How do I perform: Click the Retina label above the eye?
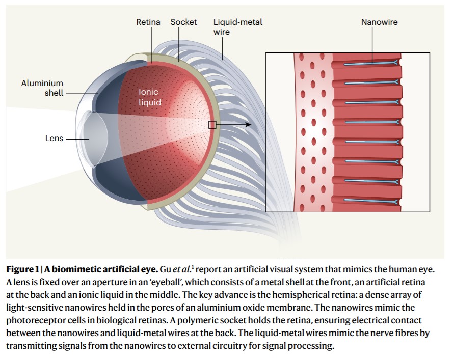pyautogui.click(x=148, y=22)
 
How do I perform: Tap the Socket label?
pyautogui.click(x=183, y=22)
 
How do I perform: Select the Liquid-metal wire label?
pyautogui.click(x=237, y=27)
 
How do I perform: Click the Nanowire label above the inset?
pyautogui.click(x=379, y=22)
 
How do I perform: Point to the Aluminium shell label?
pyautogui.click(x=42, y=88)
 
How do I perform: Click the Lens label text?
pyautogui.click(x=54, y=138)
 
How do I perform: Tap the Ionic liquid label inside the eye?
pyautogui.click(x=150, y=97)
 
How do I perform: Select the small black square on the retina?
pyautogui.click(x=212, y=124)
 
